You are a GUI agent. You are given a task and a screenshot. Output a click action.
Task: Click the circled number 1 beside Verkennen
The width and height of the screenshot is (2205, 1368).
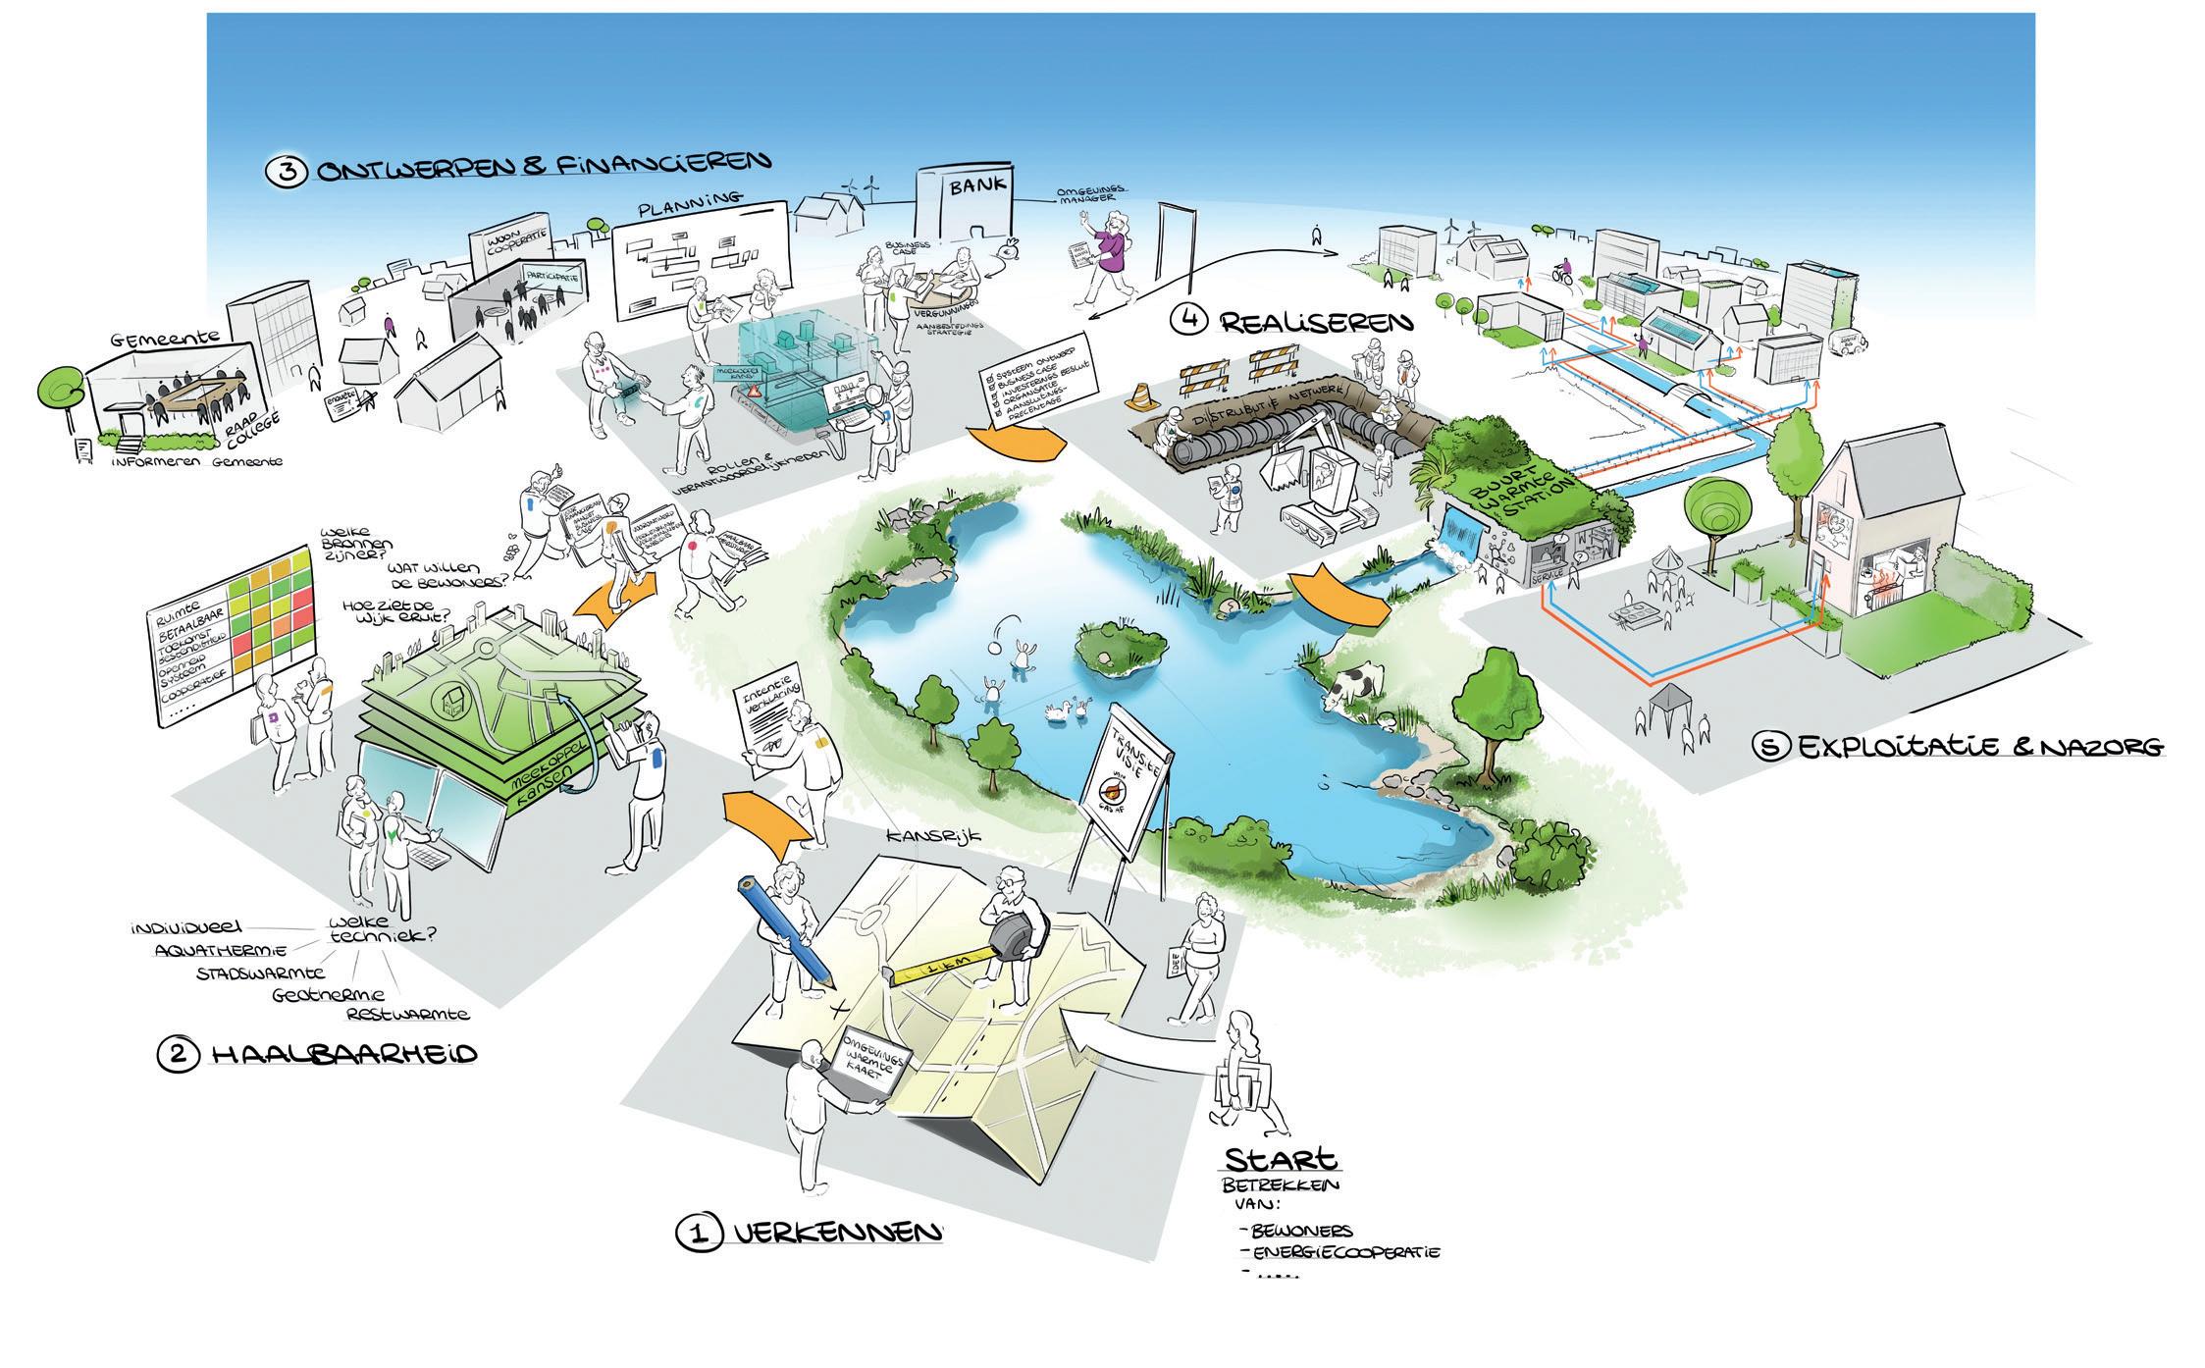pos(700,1232)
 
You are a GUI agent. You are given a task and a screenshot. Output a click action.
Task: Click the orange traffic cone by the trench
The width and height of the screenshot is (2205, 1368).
pos(1141,395)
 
